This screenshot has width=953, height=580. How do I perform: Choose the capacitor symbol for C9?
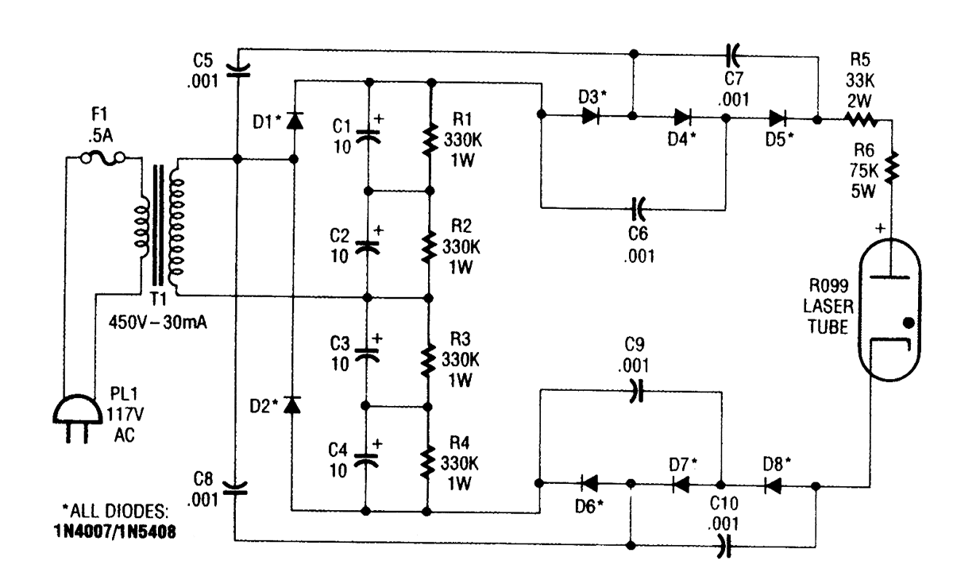coord(634,391)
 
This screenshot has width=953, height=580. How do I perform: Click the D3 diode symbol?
coord(588,116)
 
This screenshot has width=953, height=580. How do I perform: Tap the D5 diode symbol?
coord(777,118)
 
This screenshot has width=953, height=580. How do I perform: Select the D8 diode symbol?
coord(770,485)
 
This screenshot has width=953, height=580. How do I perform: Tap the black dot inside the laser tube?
coord(909,323)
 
